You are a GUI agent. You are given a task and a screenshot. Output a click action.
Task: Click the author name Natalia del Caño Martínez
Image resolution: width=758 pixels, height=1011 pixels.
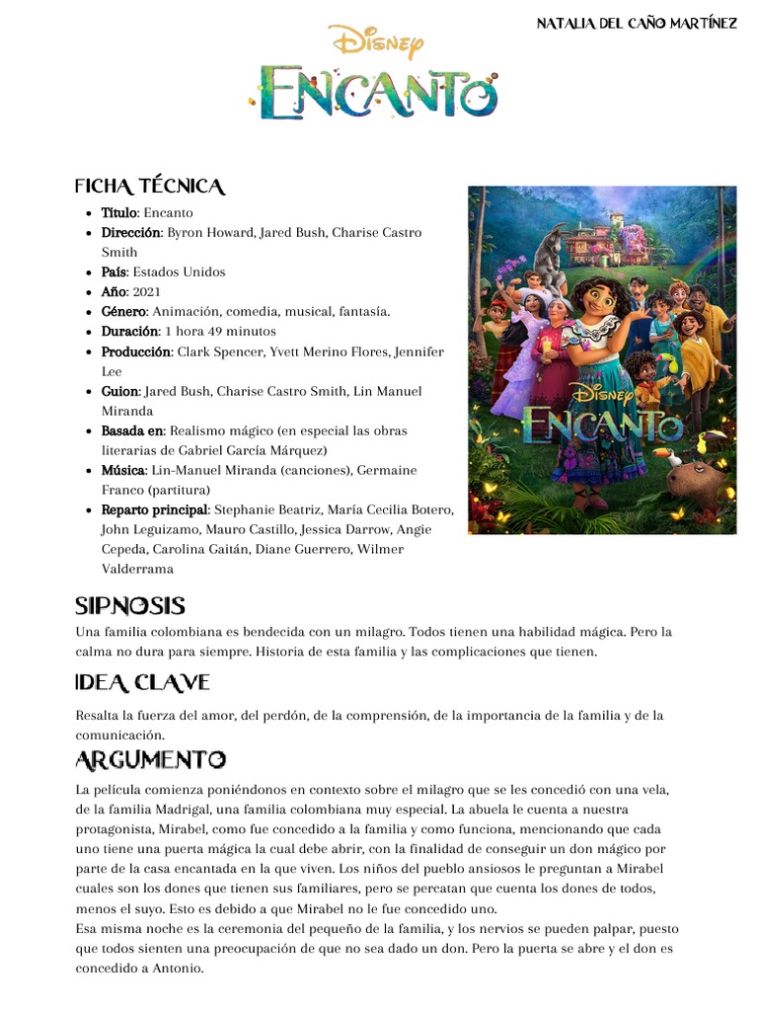(x=636, y=23)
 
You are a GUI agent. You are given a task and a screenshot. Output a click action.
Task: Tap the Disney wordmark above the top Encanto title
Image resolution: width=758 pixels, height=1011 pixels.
(x=377, y=42)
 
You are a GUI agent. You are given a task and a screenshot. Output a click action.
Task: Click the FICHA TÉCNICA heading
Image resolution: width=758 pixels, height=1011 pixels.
(x=150, y=187)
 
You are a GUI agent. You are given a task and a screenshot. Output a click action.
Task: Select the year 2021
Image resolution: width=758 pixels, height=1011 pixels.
(x=146, y=291)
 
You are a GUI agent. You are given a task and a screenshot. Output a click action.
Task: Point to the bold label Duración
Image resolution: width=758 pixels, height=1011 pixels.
(x=130, y=331)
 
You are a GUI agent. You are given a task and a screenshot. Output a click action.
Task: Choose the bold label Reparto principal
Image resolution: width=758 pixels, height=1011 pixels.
(x=154, y=509)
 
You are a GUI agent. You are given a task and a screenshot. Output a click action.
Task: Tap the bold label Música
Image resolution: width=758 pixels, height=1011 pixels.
(x=123, y=470)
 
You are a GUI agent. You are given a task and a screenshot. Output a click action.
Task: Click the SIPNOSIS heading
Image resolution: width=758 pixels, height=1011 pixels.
(x=130, y=606)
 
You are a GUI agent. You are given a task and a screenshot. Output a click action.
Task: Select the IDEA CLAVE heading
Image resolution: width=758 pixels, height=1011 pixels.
(x=142, y=683)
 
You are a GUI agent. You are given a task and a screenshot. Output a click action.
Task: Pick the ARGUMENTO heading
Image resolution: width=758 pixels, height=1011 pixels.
(x=150, y=760)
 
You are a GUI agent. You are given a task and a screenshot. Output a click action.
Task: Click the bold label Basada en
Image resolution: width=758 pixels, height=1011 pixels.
(x=132, y=430)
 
